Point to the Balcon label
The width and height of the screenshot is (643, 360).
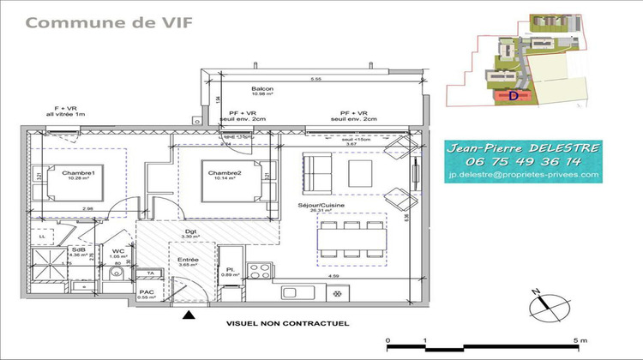coord(262,88)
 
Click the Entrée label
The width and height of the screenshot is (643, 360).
coord(188,260)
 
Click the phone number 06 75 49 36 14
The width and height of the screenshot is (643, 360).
coord(525,160)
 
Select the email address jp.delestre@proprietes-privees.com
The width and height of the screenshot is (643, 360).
coord(524,175)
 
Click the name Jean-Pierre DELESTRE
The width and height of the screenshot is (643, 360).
coord(524,147)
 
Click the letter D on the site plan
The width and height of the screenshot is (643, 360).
coord(514,97)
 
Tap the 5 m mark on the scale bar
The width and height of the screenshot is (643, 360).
coord(581,341)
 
